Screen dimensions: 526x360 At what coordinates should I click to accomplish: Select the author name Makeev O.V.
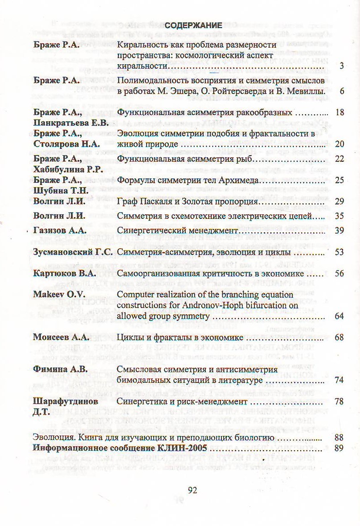pos(56,295)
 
